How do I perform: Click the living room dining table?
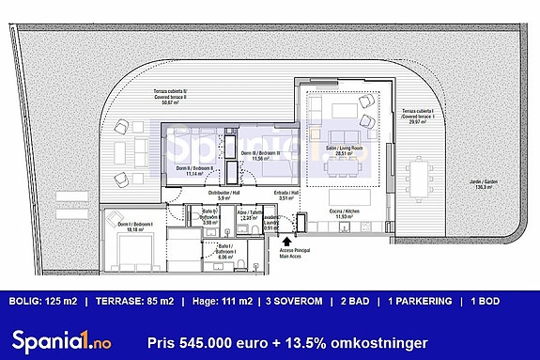pyautogui.click(x=342, y=169)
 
